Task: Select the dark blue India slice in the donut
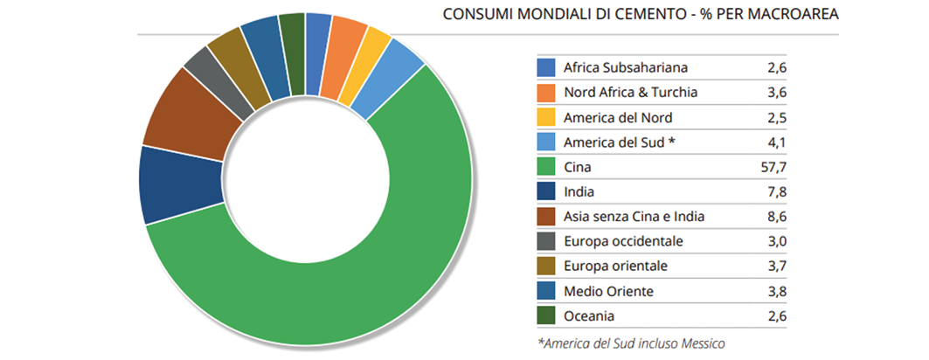176,184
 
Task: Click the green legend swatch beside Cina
546,166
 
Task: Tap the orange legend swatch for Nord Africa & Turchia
546,92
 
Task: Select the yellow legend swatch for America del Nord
546,116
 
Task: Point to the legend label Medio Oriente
608,291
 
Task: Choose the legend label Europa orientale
617,266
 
